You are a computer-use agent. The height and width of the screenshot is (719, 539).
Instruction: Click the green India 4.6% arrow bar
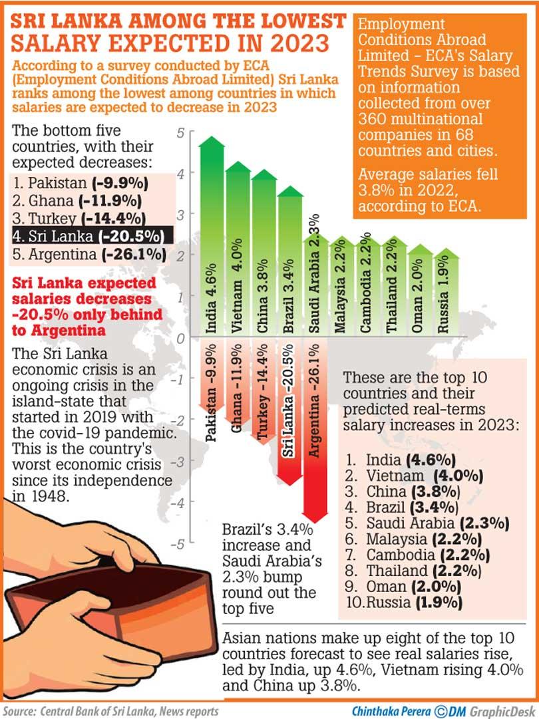[x=212, y=236]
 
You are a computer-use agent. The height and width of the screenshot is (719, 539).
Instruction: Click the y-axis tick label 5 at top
[x=180, y=133]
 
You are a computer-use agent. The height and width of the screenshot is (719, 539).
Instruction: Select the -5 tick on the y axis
[x=177, y=544]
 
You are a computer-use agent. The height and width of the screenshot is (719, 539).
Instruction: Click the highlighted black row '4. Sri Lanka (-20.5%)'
[x=92, y=235]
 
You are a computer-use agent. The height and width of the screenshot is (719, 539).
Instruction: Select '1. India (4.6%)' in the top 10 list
[x=401, y=460]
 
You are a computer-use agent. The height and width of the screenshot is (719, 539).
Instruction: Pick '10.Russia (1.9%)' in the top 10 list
[x=404, y=602]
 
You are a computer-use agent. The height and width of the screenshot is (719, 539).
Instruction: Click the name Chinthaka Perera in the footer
[x=391, y=711]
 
